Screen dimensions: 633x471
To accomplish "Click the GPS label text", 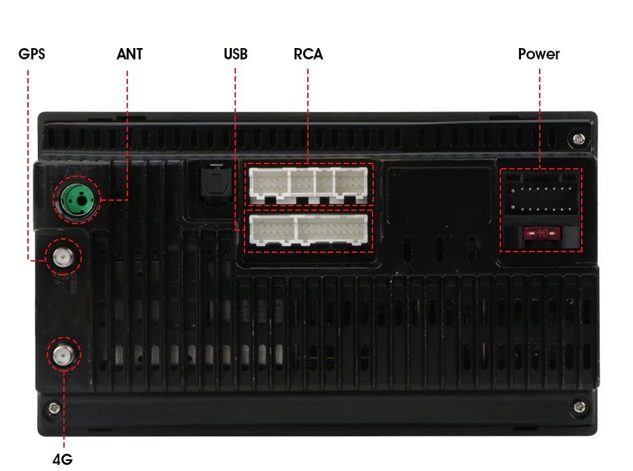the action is (x=31, y=54).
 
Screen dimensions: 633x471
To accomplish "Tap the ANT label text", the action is (x=129, y=54).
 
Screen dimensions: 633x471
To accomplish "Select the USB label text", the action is (x=235, y=54).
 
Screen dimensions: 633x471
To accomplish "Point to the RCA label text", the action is (x=308, y=54).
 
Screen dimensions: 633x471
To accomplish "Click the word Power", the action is (x=538, y=54).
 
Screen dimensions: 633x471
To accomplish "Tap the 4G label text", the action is (x=62, y=460).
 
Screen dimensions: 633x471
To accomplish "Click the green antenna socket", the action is (x=77, y=199).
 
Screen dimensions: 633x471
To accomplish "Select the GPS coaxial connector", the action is (x=62, y=256).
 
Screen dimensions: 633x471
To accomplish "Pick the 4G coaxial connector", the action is (x=63, y=354).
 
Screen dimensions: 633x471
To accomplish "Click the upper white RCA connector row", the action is (x=309, y=183).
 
